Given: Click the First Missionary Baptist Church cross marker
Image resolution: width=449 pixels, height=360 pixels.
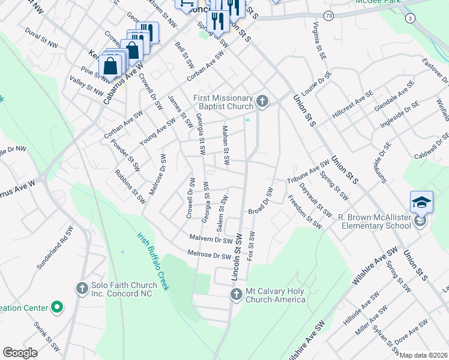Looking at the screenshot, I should tap(262, 101).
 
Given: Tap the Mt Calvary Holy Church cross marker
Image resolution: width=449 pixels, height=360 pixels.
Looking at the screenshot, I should tap(236, 293).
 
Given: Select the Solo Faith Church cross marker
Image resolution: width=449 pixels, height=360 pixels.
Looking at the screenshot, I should tap(82, 289).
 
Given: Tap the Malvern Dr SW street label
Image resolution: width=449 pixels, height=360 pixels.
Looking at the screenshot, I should tap(211, 239).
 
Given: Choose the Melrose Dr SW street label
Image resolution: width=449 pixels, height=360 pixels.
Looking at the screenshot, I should tap(209, 256).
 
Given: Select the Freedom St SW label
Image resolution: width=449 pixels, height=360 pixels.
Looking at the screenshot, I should tap(305, 211).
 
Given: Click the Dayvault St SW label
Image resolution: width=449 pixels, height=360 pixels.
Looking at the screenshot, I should tap(316, 200).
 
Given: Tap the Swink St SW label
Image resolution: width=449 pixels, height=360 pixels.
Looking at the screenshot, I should tap(47, 337).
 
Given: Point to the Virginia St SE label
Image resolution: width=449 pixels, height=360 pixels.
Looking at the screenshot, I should tap(319, 41).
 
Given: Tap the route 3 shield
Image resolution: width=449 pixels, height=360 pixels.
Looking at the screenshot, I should tap(409, 19).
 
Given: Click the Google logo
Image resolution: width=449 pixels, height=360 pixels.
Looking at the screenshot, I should tap(20, 352).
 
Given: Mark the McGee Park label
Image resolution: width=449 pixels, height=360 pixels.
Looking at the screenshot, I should tap(378, 2).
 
